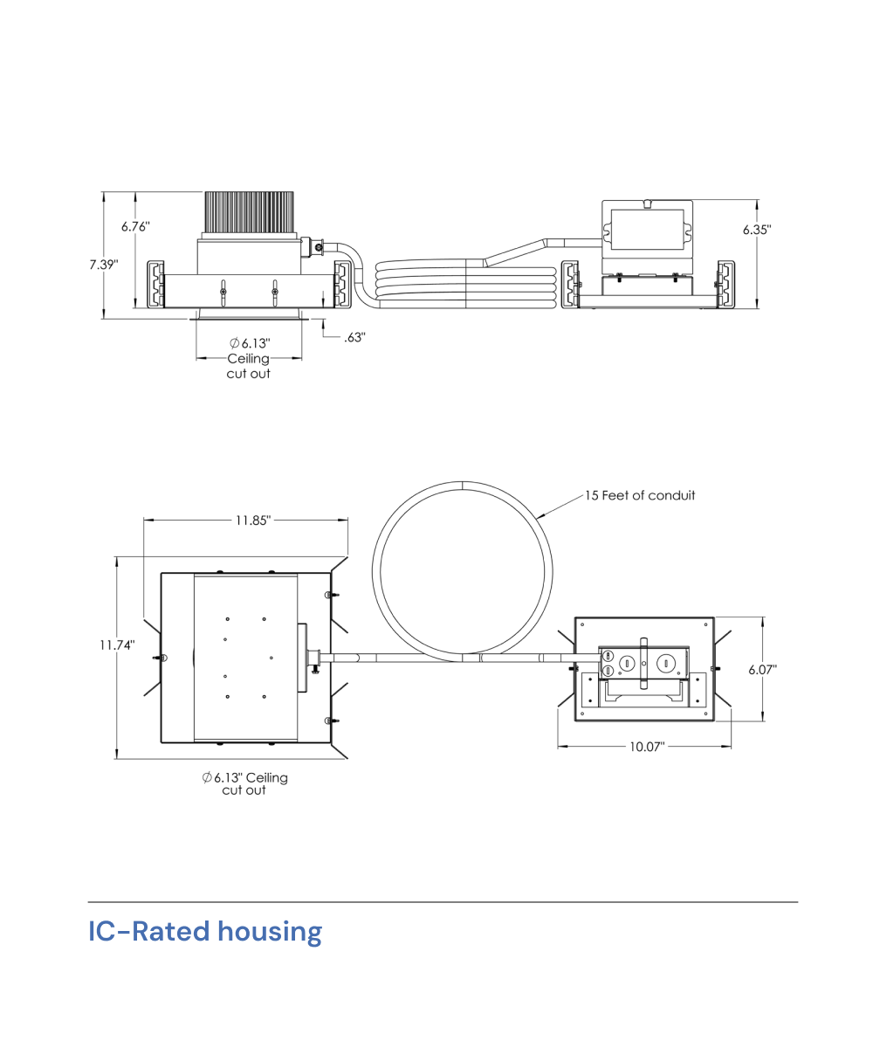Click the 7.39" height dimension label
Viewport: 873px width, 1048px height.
pyautogui.click(x=104, y=264)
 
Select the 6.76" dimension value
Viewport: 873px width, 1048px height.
pyautogui.click(x=135, y=226)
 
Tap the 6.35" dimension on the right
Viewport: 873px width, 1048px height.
pyautogui.click(x=757, y=230)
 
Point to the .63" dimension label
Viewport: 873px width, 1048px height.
pyautogui.click(x=354, y=337)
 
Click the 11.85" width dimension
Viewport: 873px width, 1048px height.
pyautogui.click(x=253, y=521)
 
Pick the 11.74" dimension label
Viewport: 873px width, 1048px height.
pyautogui.click(x=117, y=645)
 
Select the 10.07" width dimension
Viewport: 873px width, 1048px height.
pyautogui.click(x=647, y=747)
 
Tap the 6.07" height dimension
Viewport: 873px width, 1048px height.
pyautogui.click(x=762, y=670)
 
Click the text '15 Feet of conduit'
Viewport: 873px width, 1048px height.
pyautogui.click(x=640, y=495)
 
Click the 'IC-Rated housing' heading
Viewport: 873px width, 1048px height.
pyautogui.click(x=205, y=932)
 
